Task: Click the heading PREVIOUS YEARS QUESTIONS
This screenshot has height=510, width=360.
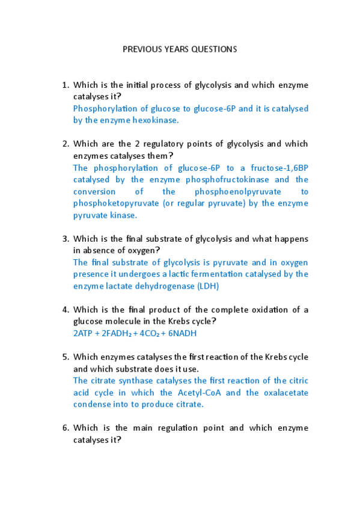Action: click(x=180, y=49)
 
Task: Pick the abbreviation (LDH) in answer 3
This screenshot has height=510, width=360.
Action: click(x=208, y=286)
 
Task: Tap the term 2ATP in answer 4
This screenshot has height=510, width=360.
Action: click(x=84, y=333)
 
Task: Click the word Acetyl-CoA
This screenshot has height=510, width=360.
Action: click(x=201, y=393)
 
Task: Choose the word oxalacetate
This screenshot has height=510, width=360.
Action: click(x=284, y=393)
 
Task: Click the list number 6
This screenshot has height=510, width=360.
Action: click(x=66, y=428)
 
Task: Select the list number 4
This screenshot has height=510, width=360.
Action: click(x=66, y=310)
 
